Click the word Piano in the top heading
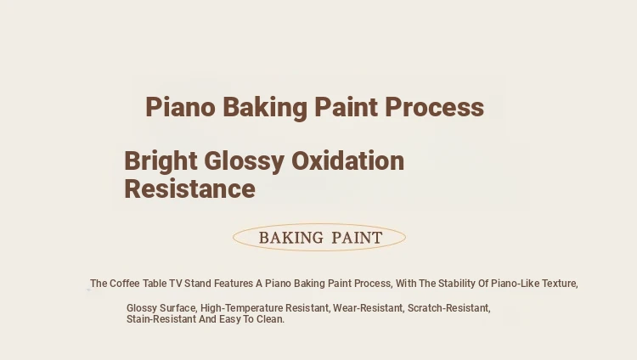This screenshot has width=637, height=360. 180,107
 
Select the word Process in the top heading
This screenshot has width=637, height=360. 434,107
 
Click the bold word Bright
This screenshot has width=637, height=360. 161,161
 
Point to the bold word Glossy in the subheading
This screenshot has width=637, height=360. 244,161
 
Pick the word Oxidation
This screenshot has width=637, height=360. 347,160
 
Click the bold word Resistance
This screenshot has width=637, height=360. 189,189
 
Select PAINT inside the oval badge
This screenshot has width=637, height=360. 357,238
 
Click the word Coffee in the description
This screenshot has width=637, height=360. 125,284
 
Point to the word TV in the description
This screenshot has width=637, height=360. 176,284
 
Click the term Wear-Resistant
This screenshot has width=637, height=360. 369,308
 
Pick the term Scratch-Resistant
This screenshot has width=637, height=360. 449,308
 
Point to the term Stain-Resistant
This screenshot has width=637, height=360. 161,319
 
